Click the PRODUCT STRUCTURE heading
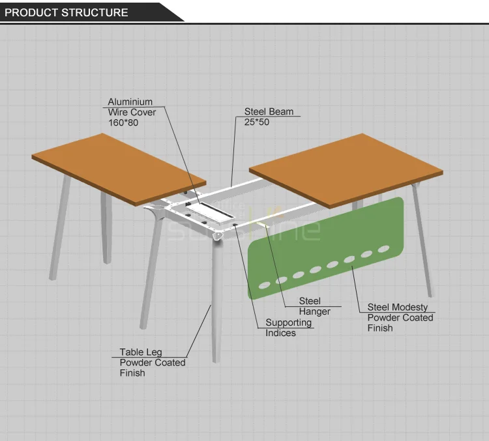click(67, 12)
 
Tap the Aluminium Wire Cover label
click(132, 107)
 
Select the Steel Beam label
click(269, 111)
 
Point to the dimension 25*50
click(257, 122)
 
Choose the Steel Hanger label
click(314, 306)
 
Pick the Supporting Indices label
click(288, 328)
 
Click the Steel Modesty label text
click(398, 307)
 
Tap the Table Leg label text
click(141, 352)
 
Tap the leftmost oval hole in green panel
click(264, 285)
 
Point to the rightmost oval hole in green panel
click(383, 249)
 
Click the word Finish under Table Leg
click(132, 373)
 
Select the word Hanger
click(314, 311)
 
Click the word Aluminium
click(130, 102)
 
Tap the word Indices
click(280, 333)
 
